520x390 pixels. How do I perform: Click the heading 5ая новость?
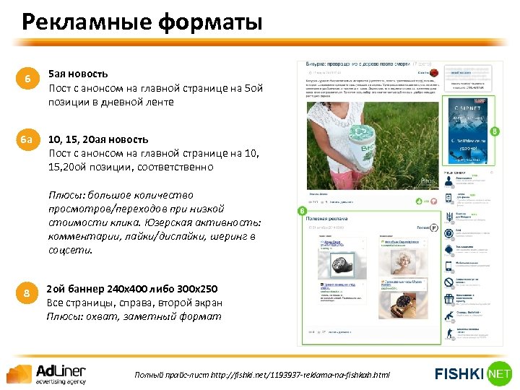[78, 74]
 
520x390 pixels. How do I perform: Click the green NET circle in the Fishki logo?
[498, 373]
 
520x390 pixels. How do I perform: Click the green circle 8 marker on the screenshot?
[495, 131]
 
